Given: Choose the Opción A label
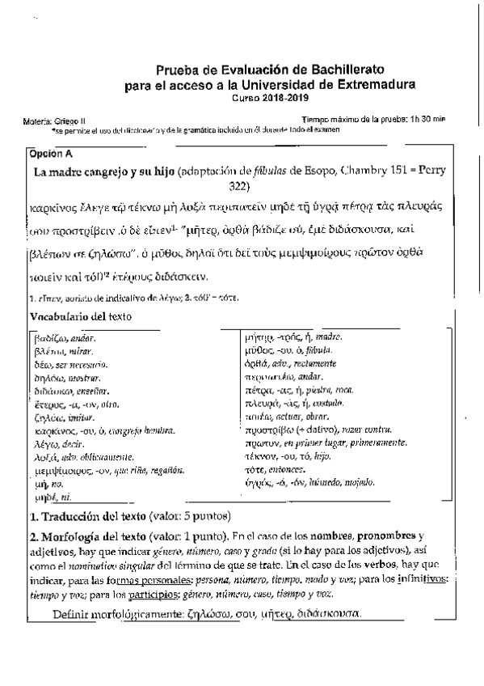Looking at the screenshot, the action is point(50,152).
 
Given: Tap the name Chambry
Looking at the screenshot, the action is point(367,172).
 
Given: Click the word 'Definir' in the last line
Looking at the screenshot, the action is point(72,615).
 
